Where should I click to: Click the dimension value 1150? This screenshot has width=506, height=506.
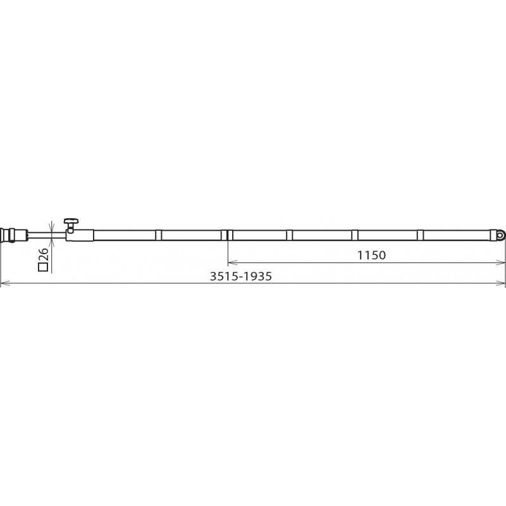(x=371, y=256)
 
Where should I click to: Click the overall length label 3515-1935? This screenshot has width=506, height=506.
(x=241, y=276)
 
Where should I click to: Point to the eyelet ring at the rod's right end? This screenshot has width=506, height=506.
(x=500, y=235)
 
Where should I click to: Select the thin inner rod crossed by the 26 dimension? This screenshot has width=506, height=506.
(x=47, y=235)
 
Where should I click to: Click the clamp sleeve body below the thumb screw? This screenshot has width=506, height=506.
(x=80, y=235)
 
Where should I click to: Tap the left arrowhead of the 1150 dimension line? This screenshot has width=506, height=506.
(x=232, y=263)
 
